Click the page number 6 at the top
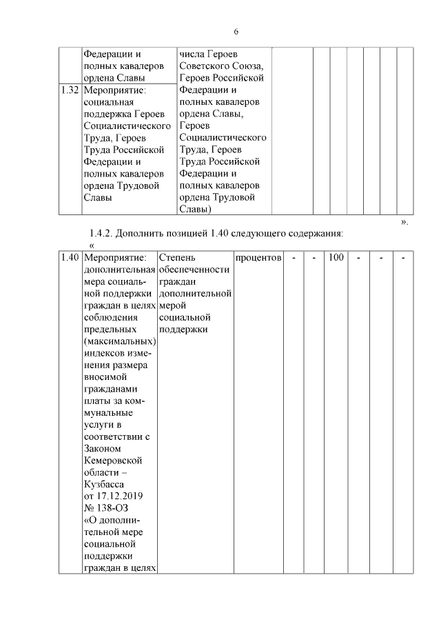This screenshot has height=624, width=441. (x=236, y=32)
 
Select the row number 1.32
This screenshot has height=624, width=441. (x=69, y=90)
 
